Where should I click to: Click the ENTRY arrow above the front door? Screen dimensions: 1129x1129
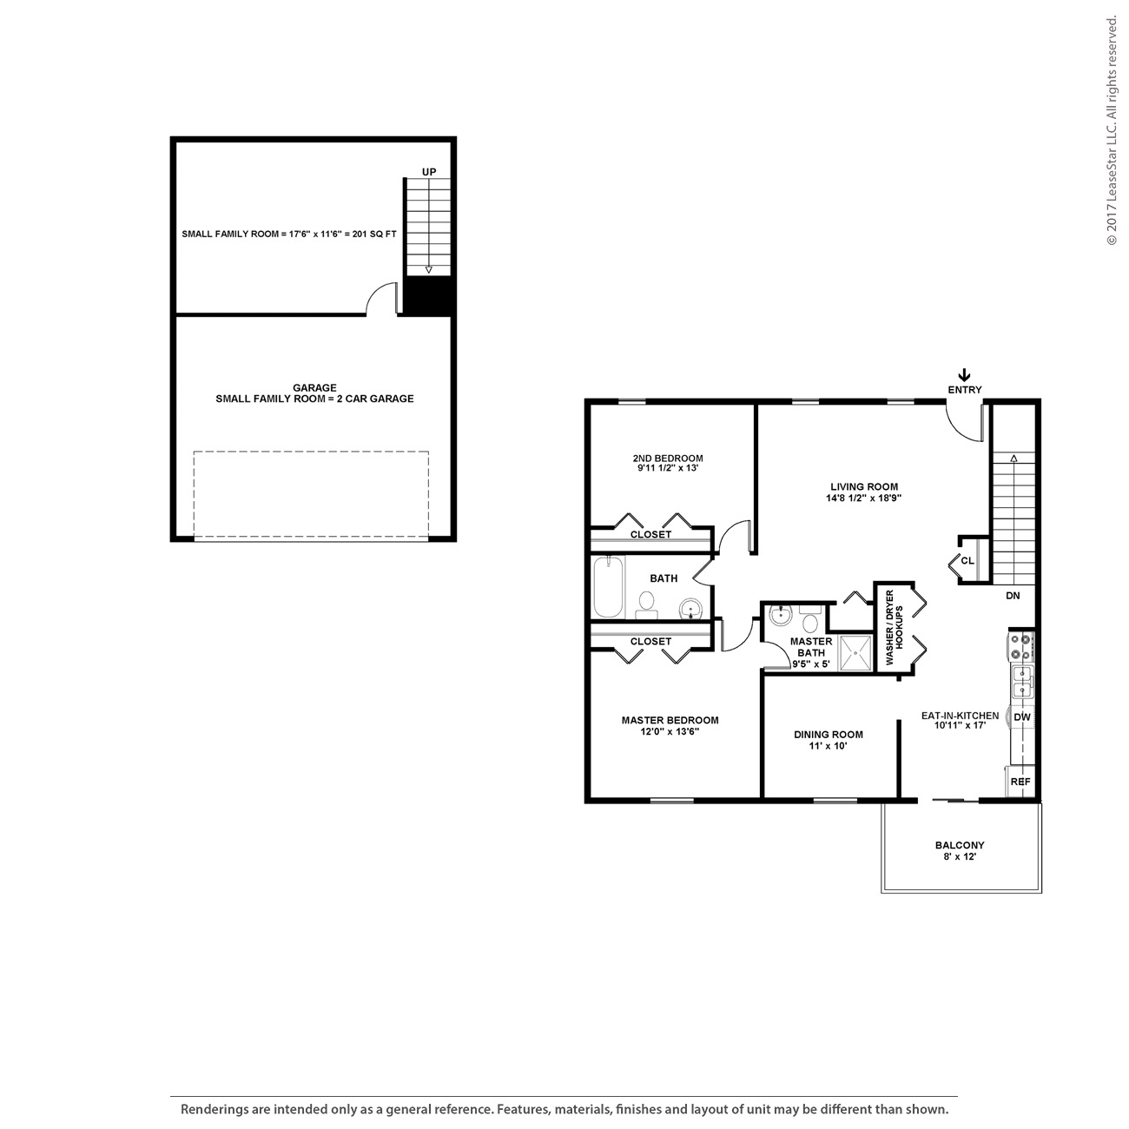click(x=964, y=375)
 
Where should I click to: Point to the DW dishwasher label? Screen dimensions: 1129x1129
click(x=1022, y=717)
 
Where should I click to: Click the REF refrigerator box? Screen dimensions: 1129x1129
click(x=1021, y=782)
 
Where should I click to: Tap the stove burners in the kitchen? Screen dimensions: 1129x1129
click(x=1020, y=646)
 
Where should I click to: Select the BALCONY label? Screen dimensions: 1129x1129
click(x=960, y=845)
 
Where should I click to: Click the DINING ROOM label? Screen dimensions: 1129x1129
click(x=828, y=735)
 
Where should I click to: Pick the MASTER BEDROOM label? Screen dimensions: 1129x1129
click(x=670, y=720)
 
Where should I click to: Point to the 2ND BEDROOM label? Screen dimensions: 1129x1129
click(x=668, y=459)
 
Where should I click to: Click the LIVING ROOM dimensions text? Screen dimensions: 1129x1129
click(x=863, y=499)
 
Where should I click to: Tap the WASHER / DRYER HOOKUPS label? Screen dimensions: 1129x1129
click(x=895, y=628)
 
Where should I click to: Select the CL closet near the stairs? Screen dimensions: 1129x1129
click(x=967, y=561)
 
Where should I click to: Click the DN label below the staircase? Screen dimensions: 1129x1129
click(x=1013, y=596)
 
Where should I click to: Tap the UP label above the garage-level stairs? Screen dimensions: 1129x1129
click(x=429, y=172)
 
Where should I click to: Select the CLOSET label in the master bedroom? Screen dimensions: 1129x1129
click(x=650, y=642)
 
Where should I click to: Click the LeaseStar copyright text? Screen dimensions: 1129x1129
click(x=1112, y=130)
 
